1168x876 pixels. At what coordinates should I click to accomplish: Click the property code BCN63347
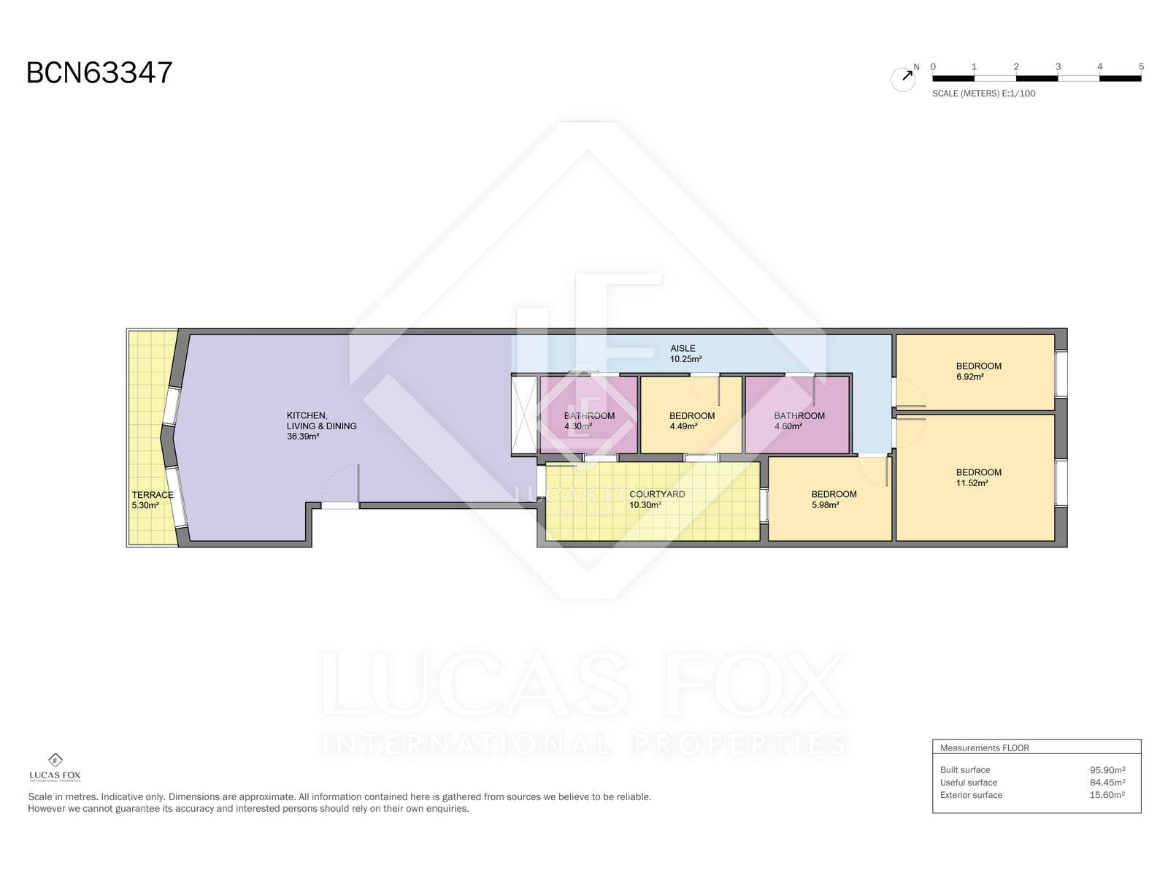[99, 72]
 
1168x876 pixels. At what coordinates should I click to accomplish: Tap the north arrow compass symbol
[904, 78]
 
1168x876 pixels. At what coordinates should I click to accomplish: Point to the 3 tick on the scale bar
[1058, 66]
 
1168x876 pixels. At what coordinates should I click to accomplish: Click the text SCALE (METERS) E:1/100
[983, 93]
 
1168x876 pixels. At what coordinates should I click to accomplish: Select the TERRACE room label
[152, 495]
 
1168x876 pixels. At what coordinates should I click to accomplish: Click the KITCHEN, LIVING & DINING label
[321, 420]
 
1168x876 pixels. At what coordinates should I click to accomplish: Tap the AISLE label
[683, 348]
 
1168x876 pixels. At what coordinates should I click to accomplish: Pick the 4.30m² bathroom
[589, 415]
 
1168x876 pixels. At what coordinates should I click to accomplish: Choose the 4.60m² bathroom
[797, 415]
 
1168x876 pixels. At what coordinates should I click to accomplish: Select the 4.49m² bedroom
[691, 415]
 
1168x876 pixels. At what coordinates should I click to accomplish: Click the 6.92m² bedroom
[975, 372]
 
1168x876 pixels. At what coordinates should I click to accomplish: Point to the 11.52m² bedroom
[975, 478]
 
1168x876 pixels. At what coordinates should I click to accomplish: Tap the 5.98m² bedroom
[830, 499]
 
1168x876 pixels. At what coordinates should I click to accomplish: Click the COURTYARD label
[657, 494]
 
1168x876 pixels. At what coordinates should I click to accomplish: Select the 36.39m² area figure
[303, 437]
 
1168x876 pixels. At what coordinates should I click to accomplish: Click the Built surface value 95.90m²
[1107, 770]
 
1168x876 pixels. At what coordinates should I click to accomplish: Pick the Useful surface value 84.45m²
[1107, 783]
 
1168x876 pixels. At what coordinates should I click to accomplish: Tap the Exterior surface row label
[971, 795]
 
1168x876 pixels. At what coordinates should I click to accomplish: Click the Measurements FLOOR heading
[985, 748]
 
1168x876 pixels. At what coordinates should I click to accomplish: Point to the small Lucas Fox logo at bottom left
[55, 767]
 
